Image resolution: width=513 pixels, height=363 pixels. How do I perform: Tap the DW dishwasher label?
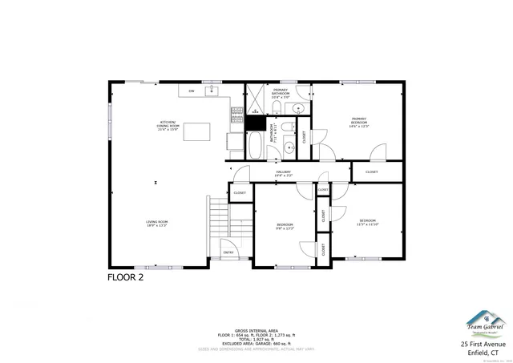[191, 91]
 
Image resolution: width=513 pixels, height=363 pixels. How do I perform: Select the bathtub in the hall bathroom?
[255, 145]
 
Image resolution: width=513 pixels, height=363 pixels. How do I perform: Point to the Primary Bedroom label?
[358, 123]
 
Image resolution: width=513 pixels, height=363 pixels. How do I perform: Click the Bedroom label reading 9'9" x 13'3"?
[285, 226]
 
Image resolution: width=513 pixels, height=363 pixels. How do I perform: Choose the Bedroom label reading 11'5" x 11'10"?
[368, 222]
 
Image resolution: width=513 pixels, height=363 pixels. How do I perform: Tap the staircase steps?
[219, 216]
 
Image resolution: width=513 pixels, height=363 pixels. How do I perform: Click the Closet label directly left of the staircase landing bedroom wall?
[240, 193]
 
